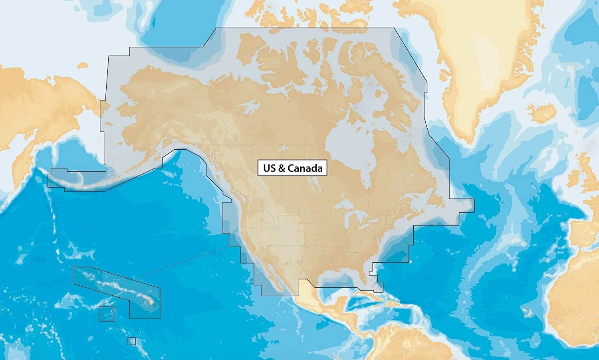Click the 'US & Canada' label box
[293, 168]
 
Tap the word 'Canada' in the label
[305, 168]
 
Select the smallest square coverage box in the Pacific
[132, 341]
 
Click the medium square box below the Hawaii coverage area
[107, 314]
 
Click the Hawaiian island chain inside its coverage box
[120, 287]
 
